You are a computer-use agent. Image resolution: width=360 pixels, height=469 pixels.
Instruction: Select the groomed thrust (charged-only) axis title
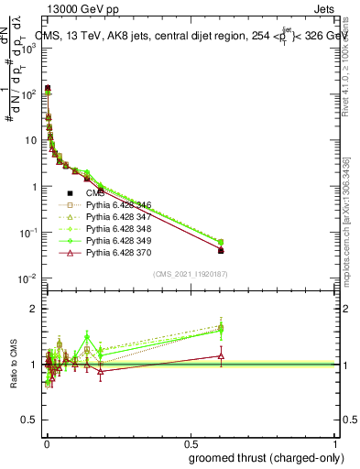tap(266, 458)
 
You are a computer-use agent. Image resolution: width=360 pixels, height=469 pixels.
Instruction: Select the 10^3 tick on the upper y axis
tap(29, 48)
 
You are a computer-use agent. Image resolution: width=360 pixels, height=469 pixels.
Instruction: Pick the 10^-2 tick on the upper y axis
tap(29, 278)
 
